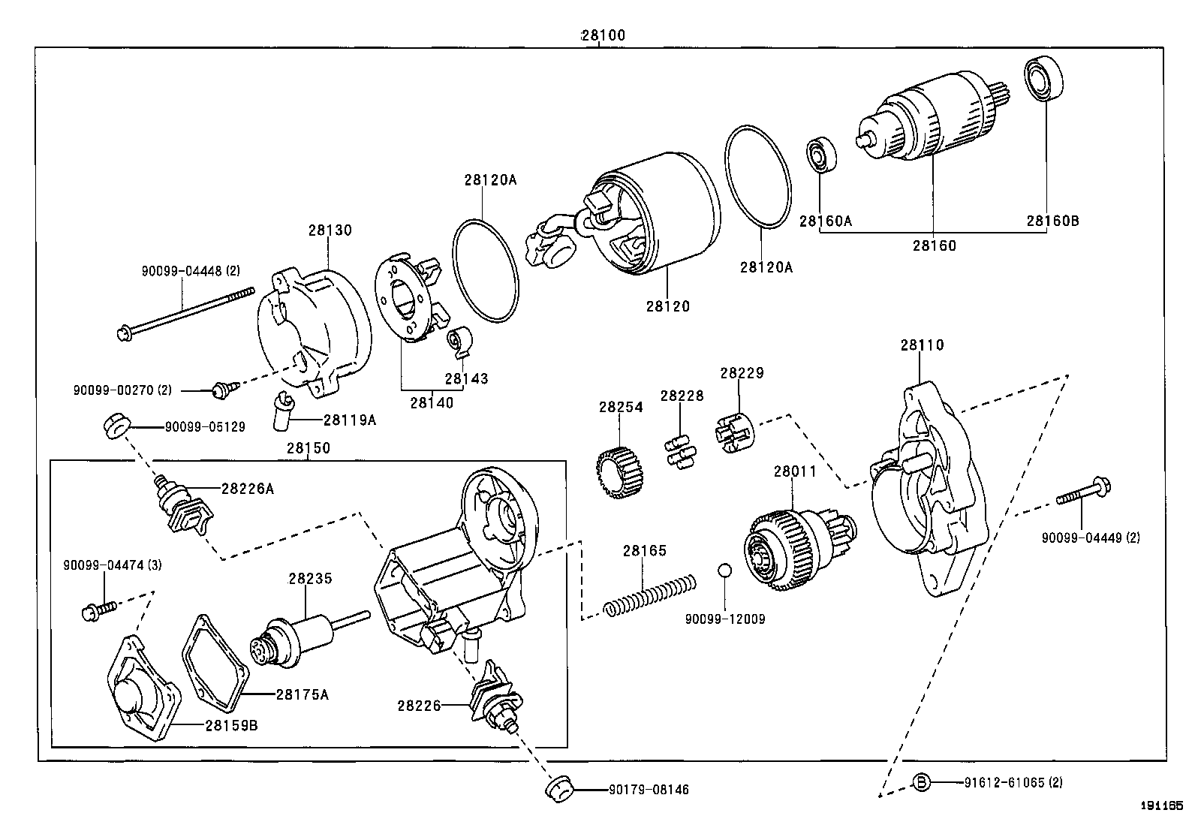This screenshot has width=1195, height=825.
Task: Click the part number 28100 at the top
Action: click(602, 35)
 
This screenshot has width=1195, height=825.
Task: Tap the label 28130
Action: click(330, 230)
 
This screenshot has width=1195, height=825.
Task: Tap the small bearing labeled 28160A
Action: click(820, 155)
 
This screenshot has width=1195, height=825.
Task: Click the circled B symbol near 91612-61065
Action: click(922, 782)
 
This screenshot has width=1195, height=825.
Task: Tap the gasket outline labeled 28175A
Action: click(215, 661)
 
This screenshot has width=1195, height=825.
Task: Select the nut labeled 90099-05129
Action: click(115, 426)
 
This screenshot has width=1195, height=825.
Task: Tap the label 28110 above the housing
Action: click(922, 345)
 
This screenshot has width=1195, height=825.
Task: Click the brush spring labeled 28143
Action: click(458, 341)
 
